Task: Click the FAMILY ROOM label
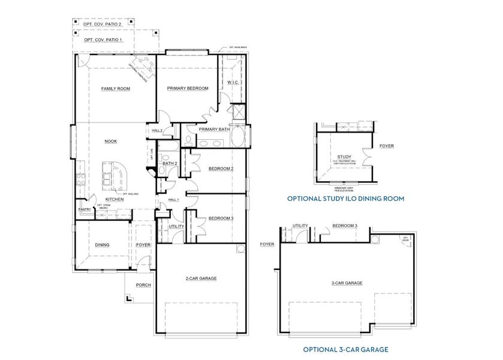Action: pos(116,89)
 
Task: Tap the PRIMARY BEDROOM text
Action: pos(186,88)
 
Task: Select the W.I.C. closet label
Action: pos(233,83)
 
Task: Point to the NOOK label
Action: pos(111,142)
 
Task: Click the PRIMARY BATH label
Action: pos(215,129)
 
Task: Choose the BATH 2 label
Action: pos(169,163)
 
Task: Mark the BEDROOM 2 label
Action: pos(221,169)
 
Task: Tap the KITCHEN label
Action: pos(115,199)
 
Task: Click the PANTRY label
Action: pos(85,209)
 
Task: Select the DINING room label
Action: pos(103,245)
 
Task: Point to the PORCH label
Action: pos(143,285)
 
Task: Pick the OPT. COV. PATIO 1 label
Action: pos(103,40)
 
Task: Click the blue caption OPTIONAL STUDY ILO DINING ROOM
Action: pos(345,198)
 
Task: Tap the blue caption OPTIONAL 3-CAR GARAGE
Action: pos(345,349)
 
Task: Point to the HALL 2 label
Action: pos(158,130)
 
